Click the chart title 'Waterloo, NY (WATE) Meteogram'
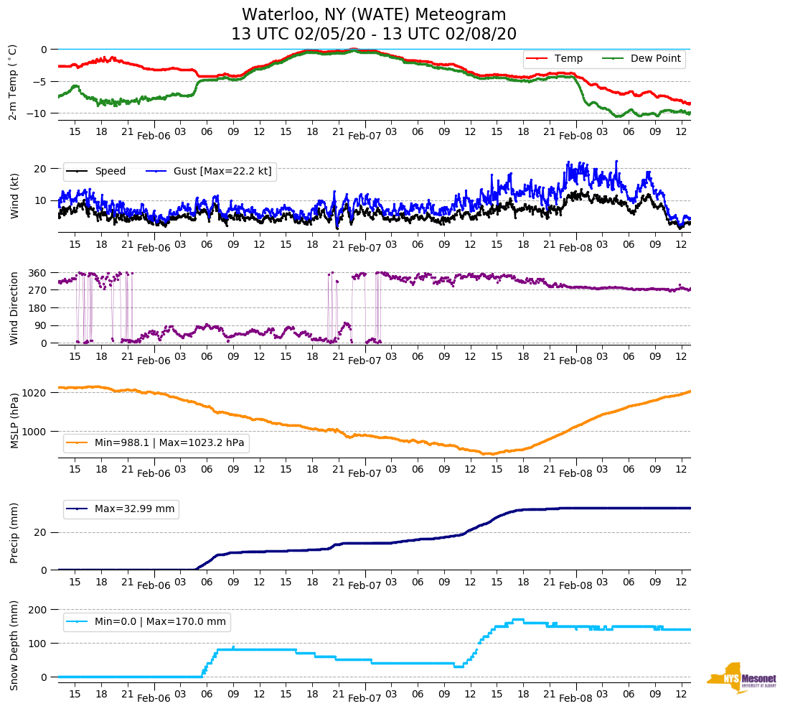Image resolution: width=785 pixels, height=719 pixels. [374, 15]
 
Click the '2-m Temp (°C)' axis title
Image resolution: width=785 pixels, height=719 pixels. [13, 82]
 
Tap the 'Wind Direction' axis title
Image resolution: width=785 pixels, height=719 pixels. [14, 307]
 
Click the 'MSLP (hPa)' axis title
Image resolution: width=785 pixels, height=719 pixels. [14, 421]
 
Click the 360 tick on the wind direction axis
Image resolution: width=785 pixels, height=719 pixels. [38, 273]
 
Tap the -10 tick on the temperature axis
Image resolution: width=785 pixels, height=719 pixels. [39, 113]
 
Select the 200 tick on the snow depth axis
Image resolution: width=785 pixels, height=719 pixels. [38, 609]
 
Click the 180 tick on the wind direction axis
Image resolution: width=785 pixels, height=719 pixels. [38, 308]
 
